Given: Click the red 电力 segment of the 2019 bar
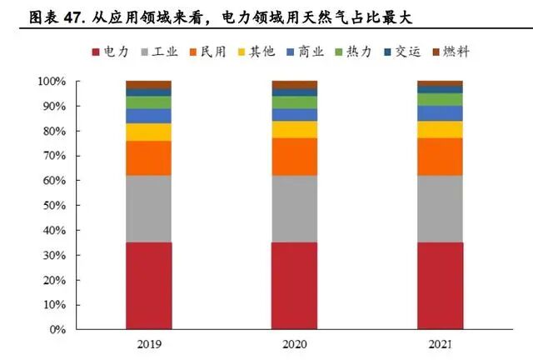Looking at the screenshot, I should (148, 285).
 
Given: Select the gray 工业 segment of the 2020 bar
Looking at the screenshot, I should (294, 208).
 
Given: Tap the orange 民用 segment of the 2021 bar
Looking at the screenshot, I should (439, 157).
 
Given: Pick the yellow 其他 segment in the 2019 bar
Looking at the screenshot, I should (148, 132).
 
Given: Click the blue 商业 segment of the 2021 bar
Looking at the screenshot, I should (439, 113).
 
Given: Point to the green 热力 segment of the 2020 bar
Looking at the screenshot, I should (294, 102).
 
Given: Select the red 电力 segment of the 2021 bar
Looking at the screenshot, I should (439, 285).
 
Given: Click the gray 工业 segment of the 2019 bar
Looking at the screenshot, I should (148, 208).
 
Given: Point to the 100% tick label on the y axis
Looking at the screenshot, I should (51, 82).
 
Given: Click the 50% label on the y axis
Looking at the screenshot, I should (53, 206).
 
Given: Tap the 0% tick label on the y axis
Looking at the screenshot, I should (56, 330).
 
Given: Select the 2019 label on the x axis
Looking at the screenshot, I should (148, 344).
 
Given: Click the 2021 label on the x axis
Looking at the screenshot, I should (439, 344).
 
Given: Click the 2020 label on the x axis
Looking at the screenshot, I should (294, 344).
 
